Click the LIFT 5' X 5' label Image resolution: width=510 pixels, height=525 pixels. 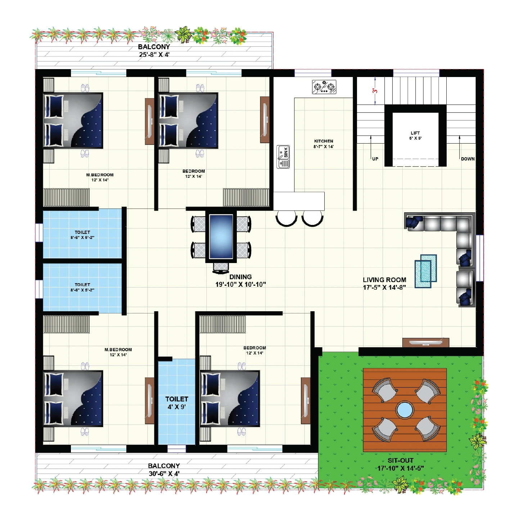point(415,136)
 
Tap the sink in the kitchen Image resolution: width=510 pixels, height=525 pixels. point(283,157)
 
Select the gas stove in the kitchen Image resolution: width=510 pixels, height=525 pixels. point(324,87)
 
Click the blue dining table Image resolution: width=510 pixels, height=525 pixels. point(221,236)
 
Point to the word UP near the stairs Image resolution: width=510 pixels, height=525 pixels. point(375,159)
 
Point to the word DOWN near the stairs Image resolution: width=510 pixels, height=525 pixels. point(468,159)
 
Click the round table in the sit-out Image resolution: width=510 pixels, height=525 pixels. point(405,410)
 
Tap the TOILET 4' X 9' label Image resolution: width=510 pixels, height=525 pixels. point(177,403)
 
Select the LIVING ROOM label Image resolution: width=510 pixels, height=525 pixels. point(384,283)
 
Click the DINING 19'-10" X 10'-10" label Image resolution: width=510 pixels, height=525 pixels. point(240,281)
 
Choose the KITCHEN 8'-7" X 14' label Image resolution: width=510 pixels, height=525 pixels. point(324,144)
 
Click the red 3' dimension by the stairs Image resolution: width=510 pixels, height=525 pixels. point(375,91)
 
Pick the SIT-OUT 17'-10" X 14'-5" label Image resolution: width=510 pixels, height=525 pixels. point(401,464)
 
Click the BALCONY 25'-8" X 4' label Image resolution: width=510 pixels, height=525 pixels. point(154,51)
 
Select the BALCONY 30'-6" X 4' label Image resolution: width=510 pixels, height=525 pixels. point(164,470)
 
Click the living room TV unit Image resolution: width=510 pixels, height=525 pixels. point(426,342)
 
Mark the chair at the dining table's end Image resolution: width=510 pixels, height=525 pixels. point(221,267)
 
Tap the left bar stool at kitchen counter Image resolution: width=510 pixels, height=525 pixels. point(286,218)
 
